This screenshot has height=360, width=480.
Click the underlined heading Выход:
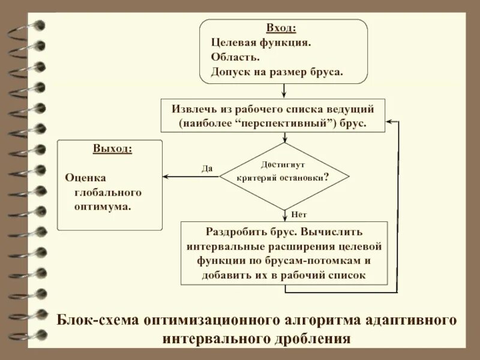click(x=113, y=149)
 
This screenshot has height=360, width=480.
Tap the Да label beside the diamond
click(x=207, y=169)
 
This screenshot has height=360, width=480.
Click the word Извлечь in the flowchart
click(x=192, y=109)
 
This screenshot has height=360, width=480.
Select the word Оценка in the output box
click(x=85, y=178)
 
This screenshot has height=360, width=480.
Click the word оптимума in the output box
click(x=102, y=206)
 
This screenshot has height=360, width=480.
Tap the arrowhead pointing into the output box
click(x=166, y=176)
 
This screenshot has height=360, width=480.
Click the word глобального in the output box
click(x=107, y=192)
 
